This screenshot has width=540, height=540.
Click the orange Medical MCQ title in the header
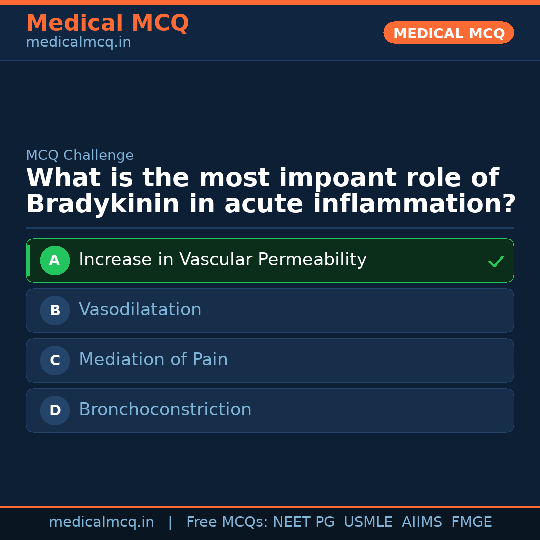pyautogui.click(x=107, y=23)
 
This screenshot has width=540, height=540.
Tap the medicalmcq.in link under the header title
pyautogui.click(x=78, y=43)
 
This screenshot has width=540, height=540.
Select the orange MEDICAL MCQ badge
pyautogui.click(x=449, y=33)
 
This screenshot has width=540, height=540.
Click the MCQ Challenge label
pyautogui.click(x=80, y=155)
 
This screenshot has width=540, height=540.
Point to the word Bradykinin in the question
pyautogui.click(x=103, y=204)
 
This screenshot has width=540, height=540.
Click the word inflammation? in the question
pyautogui.click(x=414, y=204)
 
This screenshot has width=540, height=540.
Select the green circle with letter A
pyautogui.click(x=55, y=260)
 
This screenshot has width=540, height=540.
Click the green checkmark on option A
pyautogui.click(x=496, y=261)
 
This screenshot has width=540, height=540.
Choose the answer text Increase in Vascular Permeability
pyautogui.click(x=223, y=260)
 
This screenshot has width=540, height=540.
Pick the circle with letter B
pyautogui.click(x=55, y=310)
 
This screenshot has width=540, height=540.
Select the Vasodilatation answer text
pyautogui.click(x=140, y=310)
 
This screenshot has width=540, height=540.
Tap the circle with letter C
pyautogui.click(x=55, y=360)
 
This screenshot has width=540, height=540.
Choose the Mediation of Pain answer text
pyautogui.click(x=153, y=360)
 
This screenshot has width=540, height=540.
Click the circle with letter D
pyautogui.click(x=55, y=410)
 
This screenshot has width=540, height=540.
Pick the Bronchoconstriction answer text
pyautogui.click(x=165, y=410)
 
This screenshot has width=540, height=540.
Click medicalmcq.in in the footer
pyautogui.click(x=102, y=522)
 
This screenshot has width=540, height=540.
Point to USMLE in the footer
pyautogui.click(x=368, y=522)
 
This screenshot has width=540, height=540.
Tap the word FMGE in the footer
pyautogui.click(x=472, y=522)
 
